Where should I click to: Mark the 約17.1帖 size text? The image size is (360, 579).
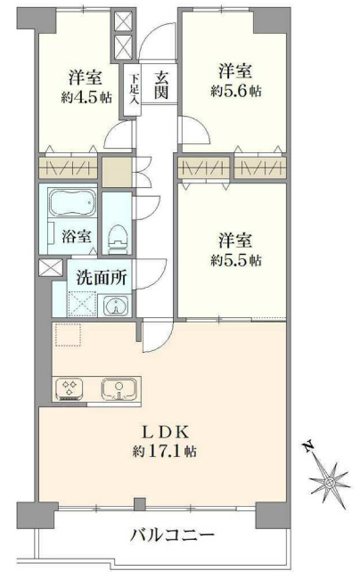[162, 452]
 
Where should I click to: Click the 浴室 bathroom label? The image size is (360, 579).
[75, 237]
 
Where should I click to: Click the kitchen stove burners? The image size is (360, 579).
[70, 389]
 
